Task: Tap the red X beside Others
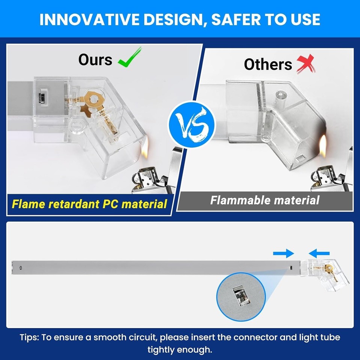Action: point(306,64)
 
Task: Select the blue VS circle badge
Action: point(192,124)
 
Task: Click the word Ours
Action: point(95,60)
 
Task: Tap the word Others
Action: point(268,64)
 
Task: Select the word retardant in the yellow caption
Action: point(74,204)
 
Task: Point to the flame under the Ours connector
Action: point(145,147)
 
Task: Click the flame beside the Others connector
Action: point(322,146)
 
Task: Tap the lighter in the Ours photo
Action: point(156,172)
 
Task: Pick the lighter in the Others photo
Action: point(332,172)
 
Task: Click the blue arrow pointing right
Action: point(283,253)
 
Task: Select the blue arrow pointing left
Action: point(319,253)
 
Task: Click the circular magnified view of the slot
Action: point(241,297)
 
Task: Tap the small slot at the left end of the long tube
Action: point(21,267)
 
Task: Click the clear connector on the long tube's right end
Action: point(325,274)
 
